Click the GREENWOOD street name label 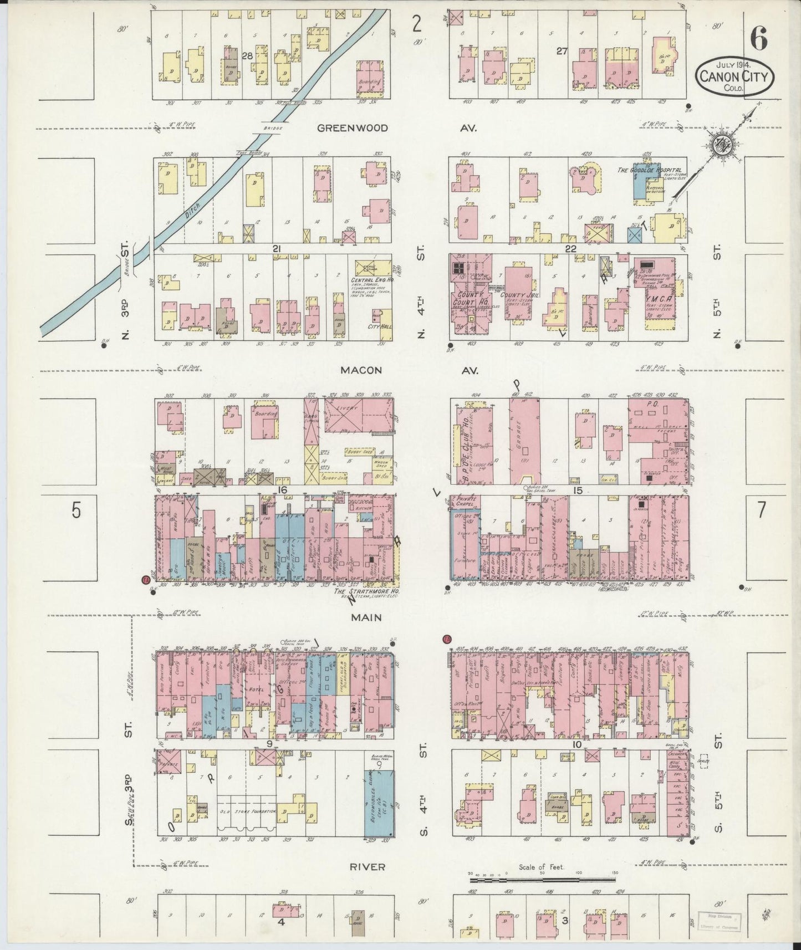point(353,128)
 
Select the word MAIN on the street point(365,617)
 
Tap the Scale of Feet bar point(543,879)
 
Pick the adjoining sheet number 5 point(76,510)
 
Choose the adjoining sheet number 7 point(761,510)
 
